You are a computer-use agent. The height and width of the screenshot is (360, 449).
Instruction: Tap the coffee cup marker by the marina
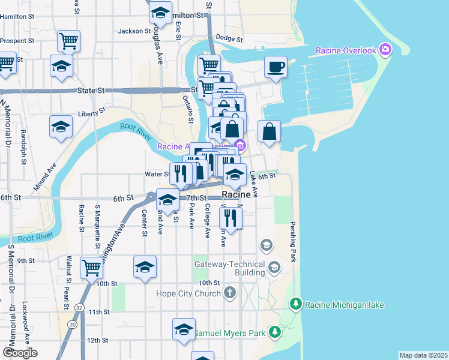pyautogui.click(x=276, y=67)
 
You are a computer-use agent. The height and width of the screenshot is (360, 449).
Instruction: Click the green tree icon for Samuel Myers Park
pyautogui.click(x=274, y=331)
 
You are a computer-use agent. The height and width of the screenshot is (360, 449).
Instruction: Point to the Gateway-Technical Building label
pyautogui.click(x=229, y=268)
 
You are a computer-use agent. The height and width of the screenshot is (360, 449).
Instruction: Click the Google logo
pyautogui.click(x=20, y=352)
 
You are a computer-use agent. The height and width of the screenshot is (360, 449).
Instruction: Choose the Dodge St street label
pyautogui.click(x=229, y=38)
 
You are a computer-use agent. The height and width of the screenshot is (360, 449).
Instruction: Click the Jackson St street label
pyautogui.click(x=134, y=31)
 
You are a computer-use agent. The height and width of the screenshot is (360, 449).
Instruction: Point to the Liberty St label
pyautogui.click(x=91, y=111)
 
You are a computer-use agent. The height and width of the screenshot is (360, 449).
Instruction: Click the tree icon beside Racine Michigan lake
pyautogui.click(x=295, y=305)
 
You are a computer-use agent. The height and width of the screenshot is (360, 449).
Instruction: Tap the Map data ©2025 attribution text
pyautogui.click(x=423, y=355)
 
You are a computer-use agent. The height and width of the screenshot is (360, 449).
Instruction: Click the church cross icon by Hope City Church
pyautogui.click(x=229, y=293)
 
